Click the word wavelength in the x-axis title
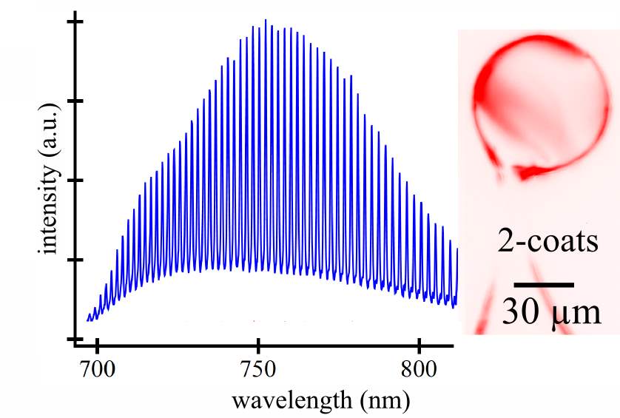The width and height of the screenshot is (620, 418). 280,400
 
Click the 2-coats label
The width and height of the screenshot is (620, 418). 547,242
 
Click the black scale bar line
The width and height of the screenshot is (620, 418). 544,284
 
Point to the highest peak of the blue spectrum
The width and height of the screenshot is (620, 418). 265,21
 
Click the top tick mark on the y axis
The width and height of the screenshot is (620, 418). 75,21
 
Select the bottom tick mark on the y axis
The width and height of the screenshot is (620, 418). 75,339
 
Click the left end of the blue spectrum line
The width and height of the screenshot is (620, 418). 87,320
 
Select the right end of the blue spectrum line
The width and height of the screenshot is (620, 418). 457,250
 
